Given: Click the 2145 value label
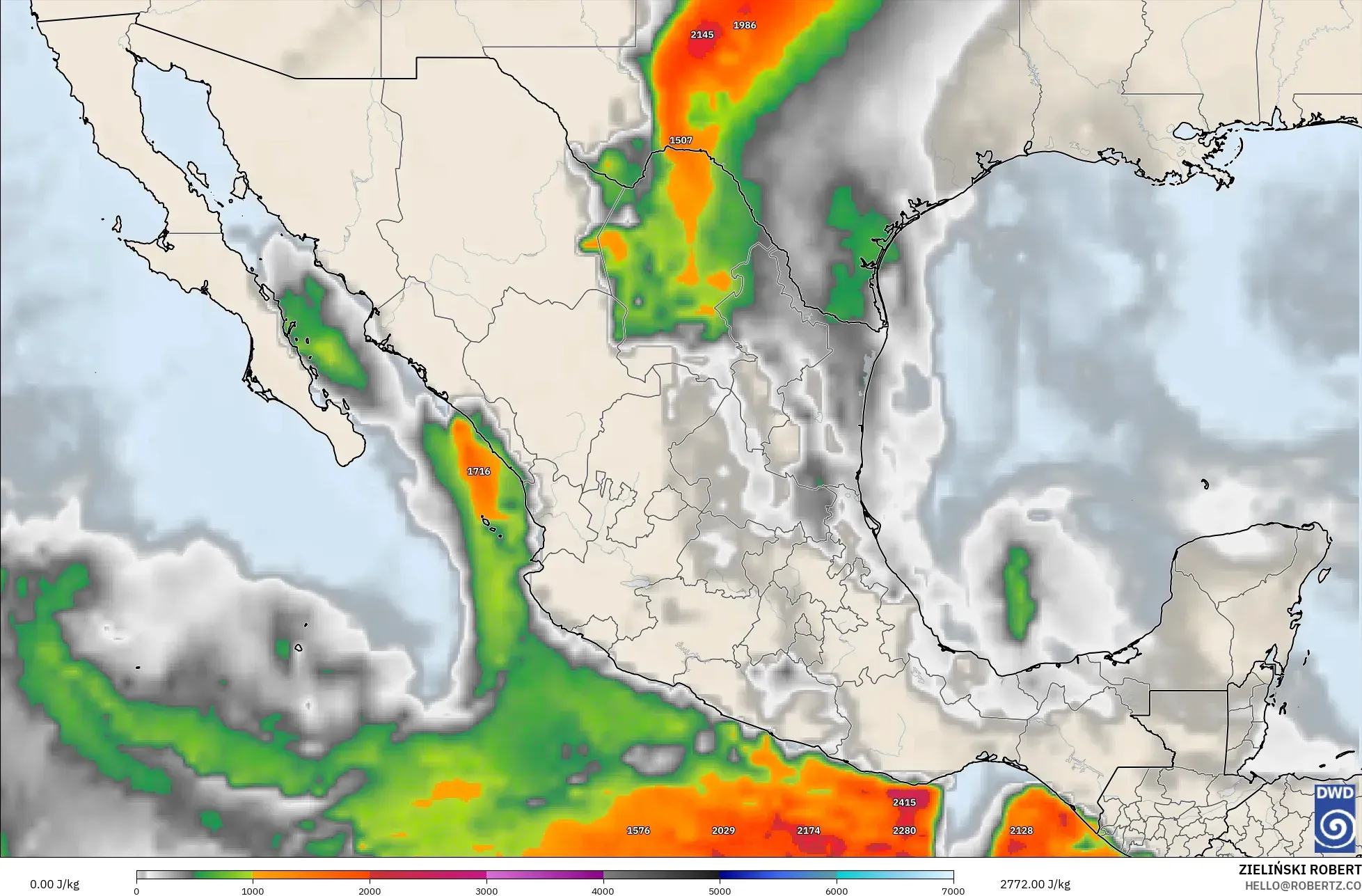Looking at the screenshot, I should tap(702, 35).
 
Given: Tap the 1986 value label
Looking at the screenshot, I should tap(744, 26).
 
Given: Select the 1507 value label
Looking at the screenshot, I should tap(681, 141).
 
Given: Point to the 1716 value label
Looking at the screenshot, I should tap(479, 472).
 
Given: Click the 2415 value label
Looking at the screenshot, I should tap(904, 803).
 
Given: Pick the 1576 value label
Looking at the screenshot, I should tap(638, 831).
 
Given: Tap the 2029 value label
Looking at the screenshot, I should tap(723, 831).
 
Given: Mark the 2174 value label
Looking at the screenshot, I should tap(808, 831).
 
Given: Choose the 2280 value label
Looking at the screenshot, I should tap(904, 831).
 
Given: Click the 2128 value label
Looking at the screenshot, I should tap(1021, 831).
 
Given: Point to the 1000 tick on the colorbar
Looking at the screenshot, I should tap(253, 890).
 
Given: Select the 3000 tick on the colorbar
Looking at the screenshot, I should tap(486, 890).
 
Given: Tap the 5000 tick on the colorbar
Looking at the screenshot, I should tap(720, 890).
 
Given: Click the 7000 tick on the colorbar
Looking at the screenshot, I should tap(953, 890).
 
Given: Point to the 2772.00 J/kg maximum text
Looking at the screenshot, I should tap(1036, 884).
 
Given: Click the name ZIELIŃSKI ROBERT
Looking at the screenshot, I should tap(1299, 870).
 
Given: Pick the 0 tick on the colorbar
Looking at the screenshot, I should tap(137, 890).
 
